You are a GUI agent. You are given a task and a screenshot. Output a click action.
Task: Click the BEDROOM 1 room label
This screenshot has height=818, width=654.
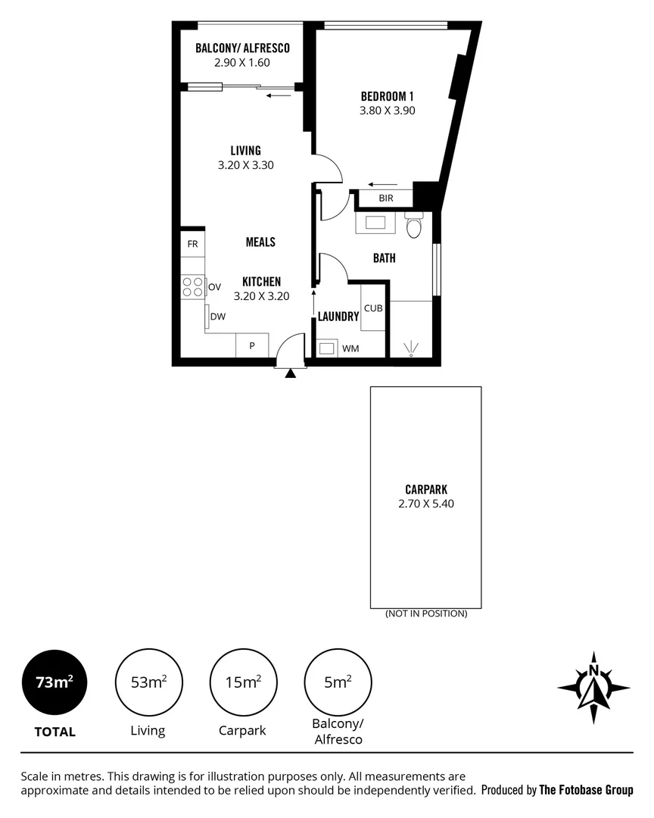tap(387, 96)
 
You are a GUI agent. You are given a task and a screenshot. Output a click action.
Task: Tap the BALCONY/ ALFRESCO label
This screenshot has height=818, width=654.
tap(242, 48)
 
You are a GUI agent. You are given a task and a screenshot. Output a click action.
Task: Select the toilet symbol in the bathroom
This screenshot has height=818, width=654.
tap(413, 226)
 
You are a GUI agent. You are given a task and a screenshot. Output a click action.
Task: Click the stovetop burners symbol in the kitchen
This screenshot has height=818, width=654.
tap(192, 286)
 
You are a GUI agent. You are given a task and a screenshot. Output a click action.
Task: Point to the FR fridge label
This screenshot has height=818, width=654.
tap(192, 244)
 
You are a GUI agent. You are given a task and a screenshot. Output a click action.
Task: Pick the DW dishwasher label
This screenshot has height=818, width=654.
tap(218, 317)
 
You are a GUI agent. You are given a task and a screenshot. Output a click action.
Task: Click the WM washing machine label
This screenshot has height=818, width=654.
tap(350, 348)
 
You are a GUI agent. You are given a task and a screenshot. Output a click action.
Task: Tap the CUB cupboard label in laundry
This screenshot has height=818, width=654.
tap(372, 308)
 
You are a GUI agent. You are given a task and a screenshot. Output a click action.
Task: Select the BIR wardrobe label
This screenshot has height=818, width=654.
tap(386, 198)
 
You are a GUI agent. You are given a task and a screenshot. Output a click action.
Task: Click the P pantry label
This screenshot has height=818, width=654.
tap(252, 345)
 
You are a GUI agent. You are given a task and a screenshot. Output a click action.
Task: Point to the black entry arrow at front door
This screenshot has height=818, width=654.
tap(291, 372)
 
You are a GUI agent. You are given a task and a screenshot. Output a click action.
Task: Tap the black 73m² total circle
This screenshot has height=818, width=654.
tap(54, 682)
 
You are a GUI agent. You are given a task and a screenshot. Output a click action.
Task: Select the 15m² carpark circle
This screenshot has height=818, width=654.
tap(243, 682)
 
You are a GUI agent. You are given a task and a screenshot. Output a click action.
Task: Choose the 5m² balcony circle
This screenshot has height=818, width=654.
tap(338, 682)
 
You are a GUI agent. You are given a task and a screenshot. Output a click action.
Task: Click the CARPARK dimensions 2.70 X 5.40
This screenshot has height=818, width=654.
tap(426, 503)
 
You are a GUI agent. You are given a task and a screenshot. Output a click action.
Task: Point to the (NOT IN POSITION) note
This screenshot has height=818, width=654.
tap(425, 613)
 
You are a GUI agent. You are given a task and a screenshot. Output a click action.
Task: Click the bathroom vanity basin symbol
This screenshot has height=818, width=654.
tap(375, 223)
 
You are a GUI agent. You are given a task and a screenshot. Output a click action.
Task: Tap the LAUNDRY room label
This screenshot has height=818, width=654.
tap(338, 317)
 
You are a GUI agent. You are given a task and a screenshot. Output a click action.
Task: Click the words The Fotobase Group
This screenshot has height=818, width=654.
tap(586, 790)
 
